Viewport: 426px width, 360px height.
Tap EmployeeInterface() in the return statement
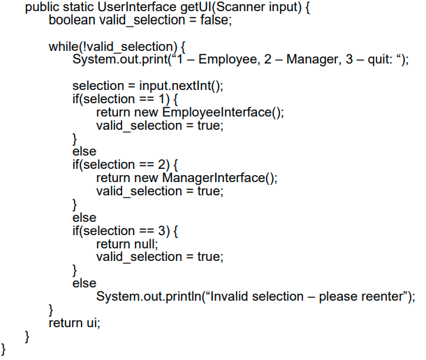[223, 112]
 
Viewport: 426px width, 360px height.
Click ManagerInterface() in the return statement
[220, 178]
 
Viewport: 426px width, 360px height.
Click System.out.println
[148, 297]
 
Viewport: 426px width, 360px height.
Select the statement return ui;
[74, 323]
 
